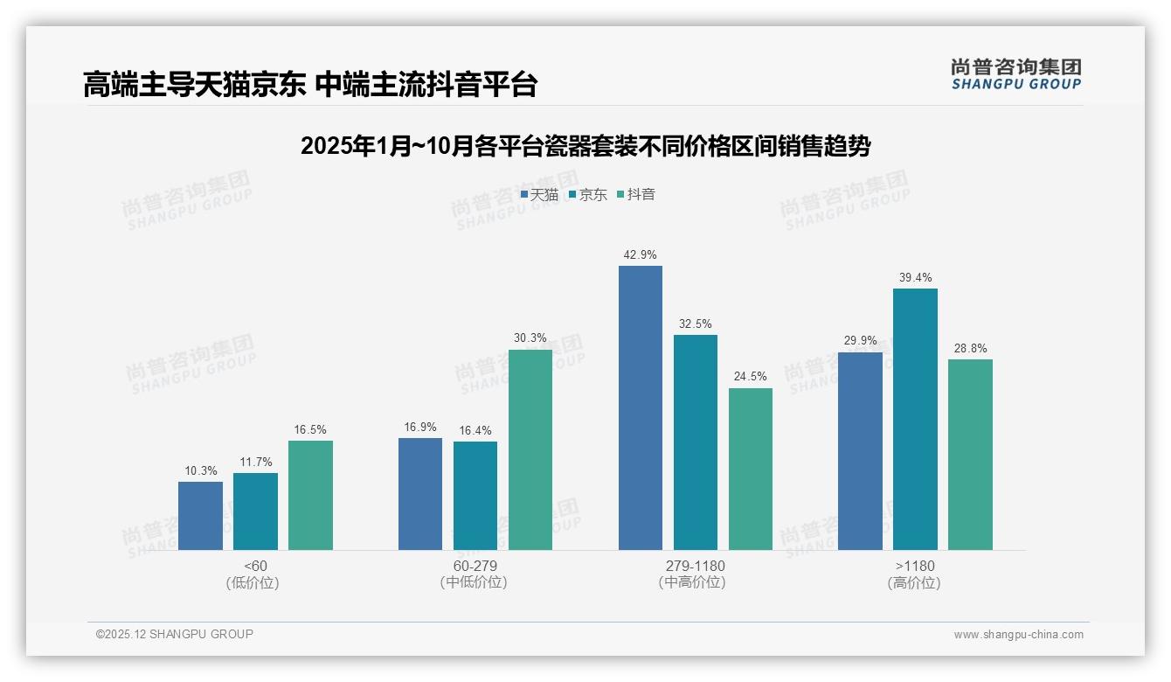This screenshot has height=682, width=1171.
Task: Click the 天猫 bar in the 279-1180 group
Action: pyautogui.click(x=640, y=407)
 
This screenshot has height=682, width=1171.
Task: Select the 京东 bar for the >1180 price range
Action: pyautogui.click(x=915, y=419)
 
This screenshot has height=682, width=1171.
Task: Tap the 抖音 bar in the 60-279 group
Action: pyautogui.click(x=530, y=449)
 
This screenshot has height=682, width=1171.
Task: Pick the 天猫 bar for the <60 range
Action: pyautogui.click(x=200, y=516)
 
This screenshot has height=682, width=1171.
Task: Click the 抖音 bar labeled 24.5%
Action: pyautogui.click(x=751, y=469)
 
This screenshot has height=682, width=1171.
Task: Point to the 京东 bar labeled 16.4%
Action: pyautogui.click(x=475, y=496)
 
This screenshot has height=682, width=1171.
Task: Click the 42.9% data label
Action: pyautogui.click(x=640, y=254)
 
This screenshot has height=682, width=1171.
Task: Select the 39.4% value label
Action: pyautogui.click(x=915, y=278)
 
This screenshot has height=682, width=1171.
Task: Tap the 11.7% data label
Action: pyautogui.click(x=255, y=462)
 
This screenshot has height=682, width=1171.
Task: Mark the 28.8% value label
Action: pyautogui.click(x=970, y=348)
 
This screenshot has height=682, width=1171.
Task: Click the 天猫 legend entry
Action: pyautogui.click(x=539, y=195)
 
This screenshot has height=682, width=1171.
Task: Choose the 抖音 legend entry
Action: pyautogui.click(x=636, y=195)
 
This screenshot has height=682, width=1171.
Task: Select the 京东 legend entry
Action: pyautogui.click(x=587, y=195)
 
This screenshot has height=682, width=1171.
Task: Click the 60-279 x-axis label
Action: pyautogui.click(x=475, y=566)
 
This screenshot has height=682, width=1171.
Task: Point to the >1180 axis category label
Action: pyautogui.click(x=914, y=566)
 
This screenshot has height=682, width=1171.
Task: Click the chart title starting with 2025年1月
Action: pyautogui.click(x=585, y=146)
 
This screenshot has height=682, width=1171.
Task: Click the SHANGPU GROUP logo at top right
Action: pyautogui.click(x=1015, y=74)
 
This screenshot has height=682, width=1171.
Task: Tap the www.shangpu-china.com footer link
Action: pyautogui.click(x=1018, y=635)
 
